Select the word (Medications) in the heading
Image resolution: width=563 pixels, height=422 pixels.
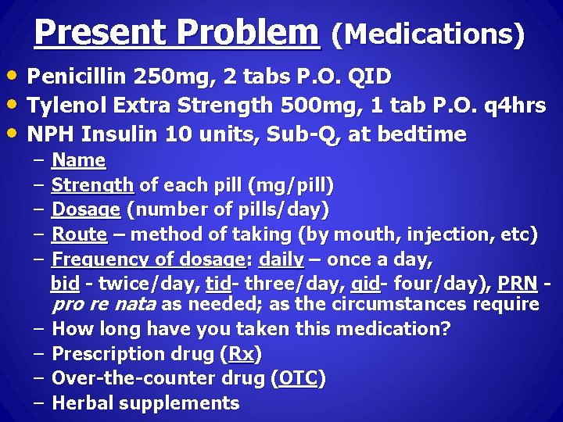[x=428, y=35]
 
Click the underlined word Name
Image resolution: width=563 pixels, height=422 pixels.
[x=78, y=161]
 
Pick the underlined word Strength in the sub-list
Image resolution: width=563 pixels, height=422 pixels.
[x=93, y=186]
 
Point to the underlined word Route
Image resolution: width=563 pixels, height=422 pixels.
[x=79, y=234]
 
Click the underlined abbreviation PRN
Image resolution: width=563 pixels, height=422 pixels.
[x=517, y=281]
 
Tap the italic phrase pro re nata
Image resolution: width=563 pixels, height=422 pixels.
[x=103, y=304]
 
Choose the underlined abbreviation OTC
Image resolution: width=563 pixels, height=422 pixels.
[x=298, y=379]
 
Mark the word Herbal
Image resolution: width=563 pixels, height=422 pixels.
[x=83, y=403]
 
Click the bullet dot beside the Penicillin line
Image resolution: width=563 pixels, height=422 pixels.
[x=15, y=77]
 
